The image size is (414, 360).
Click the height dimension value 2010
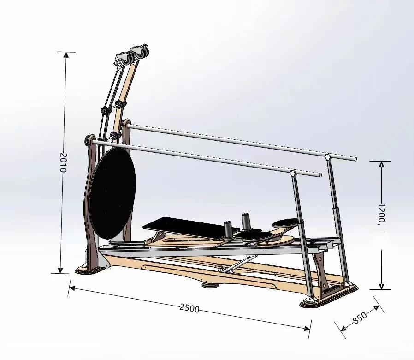[x=64, y=162]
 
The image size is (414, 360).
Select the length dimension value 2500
[x=189, y=308]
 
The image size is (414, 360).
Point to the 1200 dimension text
[x=381, y=213]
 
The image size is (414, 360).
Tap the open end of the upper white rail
[x=355, y=159]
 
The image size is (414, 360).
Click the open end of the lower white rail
[x=319, y=175]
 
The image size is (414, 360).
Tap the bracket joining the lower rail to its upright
[x=292, y=174]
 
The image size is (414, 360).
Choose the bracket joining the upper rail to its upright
[x=328, y=158]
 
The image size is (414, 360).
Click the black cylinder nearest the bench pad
[x=228, y=228]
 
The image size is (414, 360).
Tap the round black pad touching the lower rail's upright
[x=287, y=223]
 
